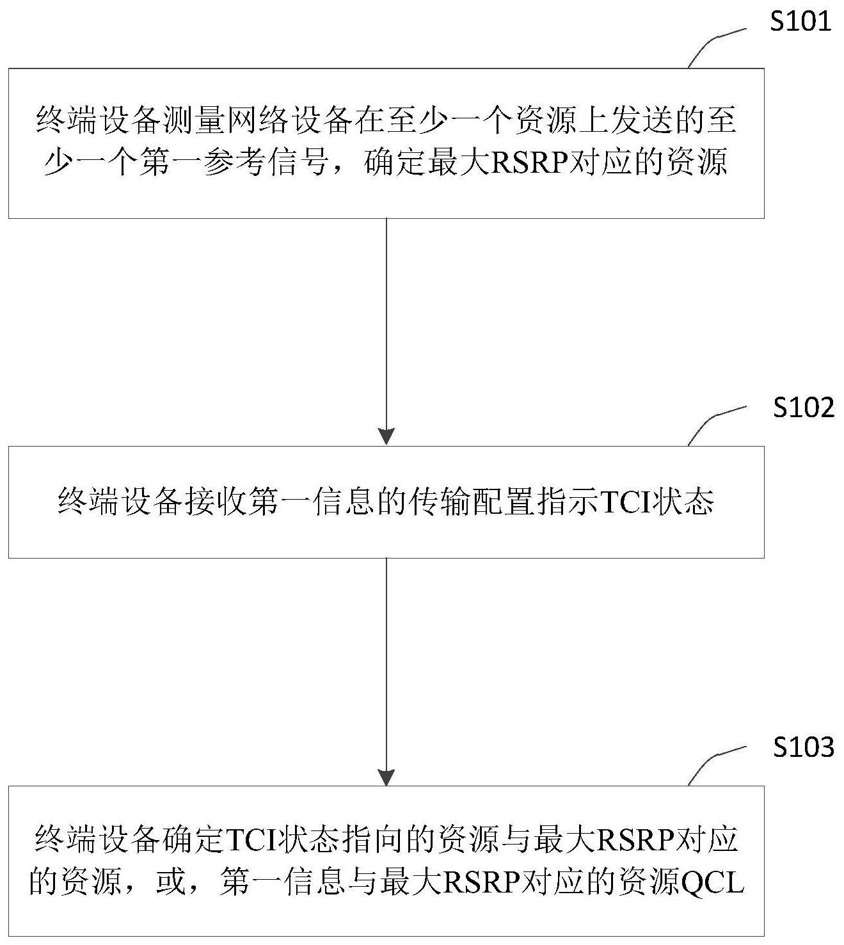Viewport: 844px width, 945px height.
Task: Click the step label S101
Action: click(x=800, y=22)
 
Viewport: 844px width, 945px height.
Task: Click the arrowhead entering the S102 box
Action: click(x=386, y=436)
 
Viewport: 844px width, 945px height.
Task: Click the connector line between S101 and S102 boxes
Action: click(x=386, y=323)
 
